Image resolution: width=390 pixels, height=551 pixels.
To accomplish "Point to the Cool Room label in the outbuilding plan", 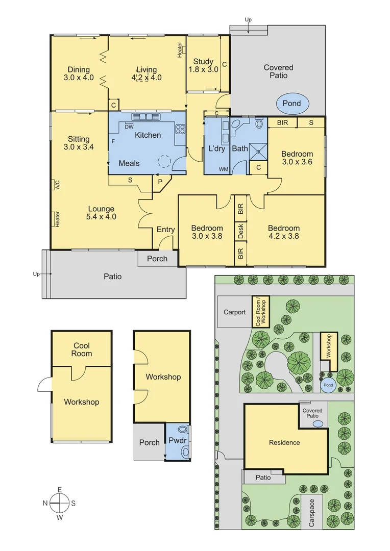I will coord(82,349).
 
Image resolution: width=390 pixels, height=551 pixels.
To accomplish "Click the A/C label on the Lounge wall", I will coord(57,185).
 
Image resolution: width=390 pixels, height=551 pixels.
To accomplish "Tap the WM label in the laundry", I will coord(223,169).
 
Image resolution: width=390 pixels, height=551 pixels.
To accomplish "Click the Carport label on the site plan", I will coord(235,312).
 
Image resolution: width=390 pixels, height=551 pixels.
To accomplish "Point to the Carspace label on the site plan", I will coord(312,513).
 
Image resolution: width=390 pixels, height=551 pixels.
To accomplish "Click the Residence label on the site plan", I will coord(284,442).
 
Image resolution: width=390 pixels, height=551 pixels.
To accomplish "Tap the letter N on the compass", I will coord(45,503).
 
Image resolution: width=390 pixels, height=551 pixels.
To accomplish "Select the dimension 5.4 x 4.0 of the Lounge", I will coord(101,216).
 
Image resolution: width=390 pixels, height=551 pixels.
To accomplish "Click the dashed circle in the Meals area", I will coord(164,162).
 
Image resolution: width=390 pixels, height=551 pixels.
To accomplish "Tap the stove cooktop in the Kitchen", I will coord(180,129).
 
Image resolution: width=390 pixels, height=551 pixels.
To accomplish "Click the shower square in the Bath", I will coord(258,149).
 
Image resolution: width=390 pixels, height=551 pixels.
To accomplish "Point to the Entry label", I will coord(165,230).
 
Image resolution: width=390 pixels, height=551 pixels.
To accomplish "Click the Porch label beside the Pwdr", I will coord(150,442).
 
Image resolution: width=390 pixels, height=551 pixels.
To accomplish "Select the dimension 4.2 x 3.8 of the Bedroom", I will coord(284,236).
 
